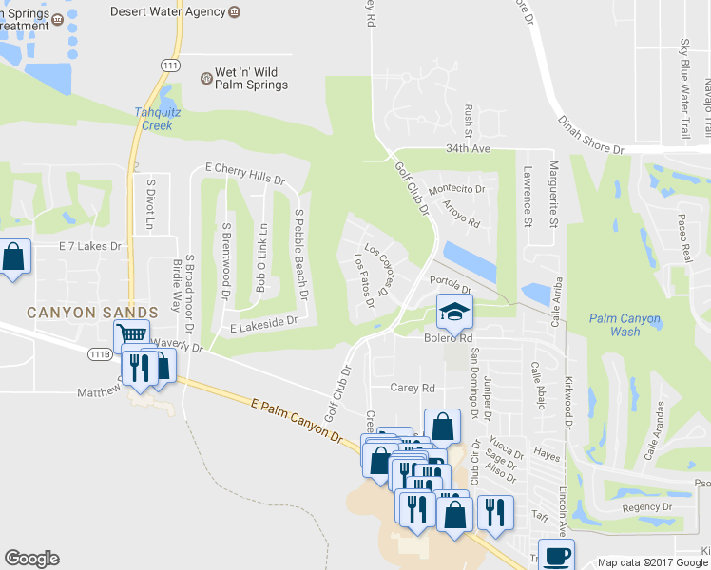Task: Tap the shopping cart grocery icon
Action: [131, 336]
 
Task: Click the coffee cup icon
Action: [556, 554]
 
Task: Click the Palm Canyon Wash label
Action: [625, 325]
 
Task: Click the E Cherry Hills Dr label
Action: [245, 173]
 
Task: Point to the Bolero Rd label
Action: [448, 337]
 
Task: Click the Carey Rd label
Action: [412, 388]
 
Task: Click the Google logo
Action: [31, 559]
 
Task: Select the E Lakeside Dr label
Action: [264, 324]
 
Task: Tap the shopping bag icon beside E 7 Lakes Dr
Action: [14, 256]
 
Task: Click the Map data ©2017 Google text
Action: [652, 562]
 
